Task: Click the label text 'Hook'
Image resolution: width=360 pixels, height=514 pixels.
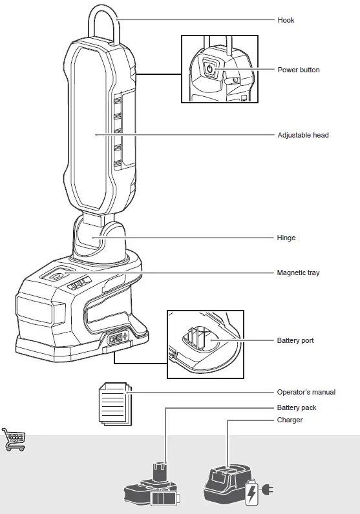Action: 286,20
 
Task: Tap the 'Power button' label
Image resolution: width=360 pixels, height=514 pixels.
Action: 298,70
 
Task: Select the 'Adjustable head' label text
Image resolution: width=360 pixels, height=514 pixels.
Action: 302,135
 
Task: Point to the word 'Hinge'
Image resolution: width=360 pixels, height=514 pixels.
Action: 286,238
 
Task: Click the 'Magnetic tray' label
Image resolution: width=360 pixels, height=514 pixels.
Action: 298,272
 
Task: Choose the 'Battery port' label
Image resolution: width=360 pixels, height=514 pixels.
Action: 295,340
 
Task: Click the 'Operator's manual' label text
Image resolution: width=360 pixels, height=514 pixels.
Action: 306,392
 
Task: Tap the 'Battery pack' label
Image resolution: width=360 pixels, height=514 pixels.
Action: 297,407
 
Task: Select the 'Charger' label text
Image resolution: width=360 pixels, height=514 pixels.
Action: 290,420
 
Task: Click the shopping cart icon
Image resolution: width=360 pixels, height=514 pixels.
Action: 14,439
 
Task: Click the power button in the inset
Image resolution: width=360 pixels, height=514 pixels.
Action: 209,68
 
